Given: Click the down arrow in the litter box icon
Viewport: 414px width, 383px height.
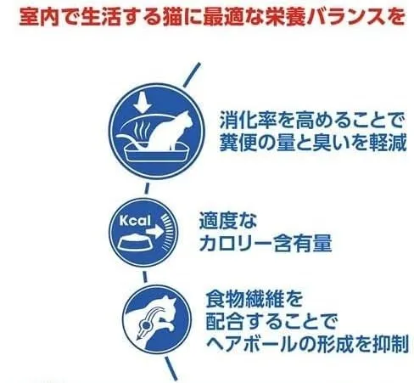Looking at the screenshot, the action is pos(143,101).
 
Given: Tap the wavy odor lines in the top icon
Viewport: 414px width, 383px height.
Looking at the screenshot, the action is pos(142,131).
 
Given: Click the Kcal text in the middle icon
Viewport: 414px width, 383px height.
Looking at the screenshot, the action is pos(135,221).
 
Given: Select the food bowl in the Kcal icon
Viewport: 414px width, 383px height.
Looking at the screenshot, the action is pos(134,243).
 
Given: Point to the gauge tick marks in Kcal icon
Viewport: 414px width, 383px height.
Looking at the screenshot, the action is pos(167,233).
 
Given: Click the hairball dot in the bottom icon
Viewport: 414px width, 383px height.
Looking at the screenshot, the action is pos(146,326).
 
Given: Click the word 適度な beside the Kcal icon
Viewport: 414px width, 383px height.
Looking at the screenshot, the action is pos(228,221).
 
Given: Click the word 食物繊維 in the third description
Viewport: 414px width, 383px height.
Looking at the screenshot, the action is pos(244,299).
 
